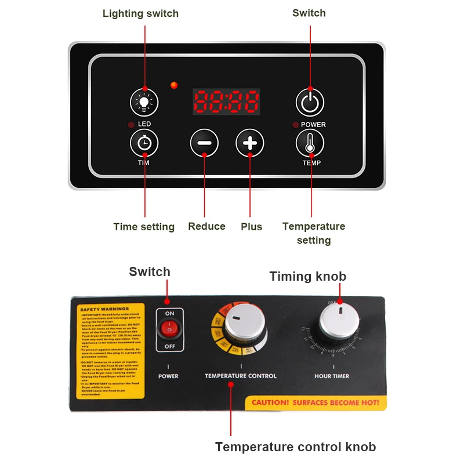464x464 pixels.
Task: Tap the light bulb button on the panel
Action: coord(144,103)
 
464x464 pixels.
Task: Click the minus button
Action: coord(204,143)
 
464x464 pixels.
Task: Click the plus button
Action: coord(249,143)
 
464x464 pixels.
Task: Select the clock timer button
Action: coord(144,143)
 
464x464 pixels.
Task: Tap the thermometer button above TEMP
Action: coord(310,143)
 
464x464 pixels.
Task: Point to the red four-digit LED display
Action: coord(226,103)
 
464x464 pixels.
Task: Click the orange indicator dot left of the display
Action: coord(173,86)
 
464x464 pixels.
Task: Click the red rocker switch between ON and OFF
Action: coord(169,329)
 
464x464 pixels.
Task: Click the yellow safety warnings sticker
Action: coord(111,350)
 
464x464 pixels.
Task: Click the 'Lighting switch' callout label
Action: coord(140,13)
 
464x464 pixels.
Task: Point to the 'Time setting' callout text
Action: coord(144,227)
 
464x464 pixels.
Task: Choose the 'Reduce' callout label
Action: coord(206,226)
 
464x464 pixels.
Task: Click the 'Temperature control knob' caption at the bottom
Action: coord(295,447)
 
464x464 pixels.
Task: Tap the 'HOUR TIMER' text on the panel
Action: coord(332,376)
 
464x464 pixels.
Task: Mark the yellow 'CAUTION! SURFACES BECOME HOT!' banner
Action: coord(316,403)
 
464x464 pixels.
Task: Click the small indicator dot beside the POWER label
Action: coord(295,125)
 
